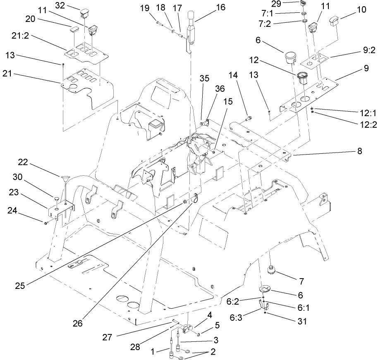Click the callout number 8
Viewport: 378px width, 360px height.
click(359, 151)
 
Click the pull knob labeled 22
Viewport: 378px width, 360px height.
click(65, 179)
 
